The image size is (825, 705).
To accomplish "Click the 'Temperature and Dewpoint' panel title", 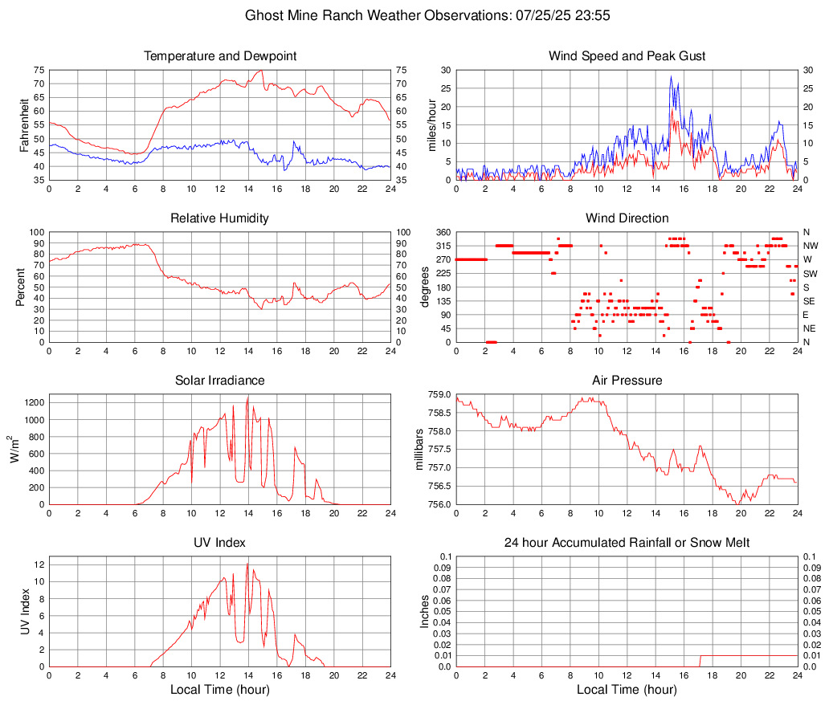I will (x=220, y=56).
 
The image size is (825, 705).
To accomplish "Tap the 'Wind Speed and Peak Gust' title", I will (x=627, y=56).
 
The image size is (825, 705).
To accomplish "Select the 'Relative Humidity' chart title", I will (x=220, y=218).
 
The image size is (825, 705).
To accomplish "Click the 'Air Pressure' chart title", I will (x=627, y=381).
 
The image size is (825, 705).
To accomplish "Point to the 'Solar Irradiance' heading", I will (x=220, y=381).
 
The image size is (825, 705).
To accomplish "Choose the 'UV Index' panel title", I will (x=220, y=543).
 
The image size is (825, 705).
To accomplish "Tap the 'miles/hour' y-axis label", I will (x=431, y=124).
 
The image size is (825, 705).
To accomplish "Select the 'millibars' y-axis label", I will (x=419, y=449).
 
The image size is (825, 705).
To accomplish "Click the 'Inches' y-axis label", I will (x=425, y=611).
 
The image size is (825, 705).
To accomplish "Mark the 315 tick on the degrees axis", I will (x=440, y=246).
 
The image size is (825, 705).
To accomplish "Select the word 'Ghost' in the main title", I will (x=263, y=15).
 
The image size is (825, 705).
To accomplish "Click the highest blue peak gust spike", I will (x=671, y=77).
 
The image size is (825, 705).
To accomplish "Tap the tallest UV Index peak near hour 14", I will (x=247, y=564).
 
